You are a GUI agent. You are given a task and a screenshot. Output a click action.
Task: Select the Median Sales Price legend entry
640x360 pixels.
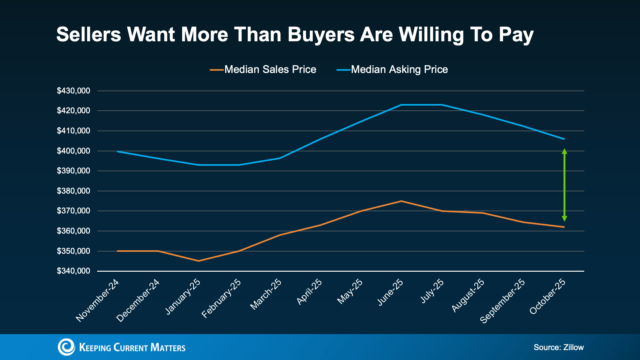[x=263, y=69]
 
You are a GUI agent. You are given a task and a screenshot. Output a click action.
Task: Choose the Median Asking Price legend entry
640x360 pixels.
[x=392, y=69]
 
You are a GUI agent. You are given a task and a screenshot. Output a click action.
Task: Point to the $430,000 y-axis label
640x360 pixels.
[x=73, y=91]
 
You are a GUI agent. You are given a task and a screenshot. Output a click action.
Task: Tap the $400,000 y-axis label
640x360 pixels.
[x=73, y=151]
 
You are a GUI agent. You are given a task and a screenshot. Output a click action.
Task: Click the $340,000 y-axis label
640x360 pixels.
[x=73, y=271]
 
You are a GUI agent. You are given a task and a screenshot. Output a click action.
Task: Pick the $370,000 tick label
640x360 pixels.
[x=73, y=211]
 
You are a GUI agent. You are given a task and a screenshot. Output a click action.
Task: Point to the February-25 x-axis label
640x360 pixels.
[x=221, y=298]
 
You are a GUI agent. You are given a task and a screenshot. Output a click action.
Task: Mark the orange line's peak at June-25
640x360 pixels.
[x=401, y=201]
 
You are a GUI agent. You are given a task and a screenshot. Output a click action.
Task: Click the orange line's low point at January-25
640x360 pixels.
[x=199, y=261]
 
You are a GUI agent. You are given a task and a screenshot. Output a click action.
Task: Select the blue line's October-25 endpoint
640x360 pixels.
[x=564, y=139]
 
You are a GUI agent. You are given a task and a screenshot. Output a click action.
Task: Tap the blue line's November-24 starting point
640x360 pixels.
[x=118, y=151]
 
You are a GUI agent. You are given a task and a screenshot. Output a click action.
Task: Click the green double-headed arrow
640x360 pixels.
[x=564, y=185]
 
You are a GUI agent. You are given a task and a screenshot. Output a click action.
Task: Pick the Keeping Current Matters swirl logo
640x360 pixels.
[x=66, y=347]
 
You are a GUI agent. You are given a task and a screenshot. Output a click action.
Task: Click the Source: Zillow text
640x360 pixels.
[x=558, y=348]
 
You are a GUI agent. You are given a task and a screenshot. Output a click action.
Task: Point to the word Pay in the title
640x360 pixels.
[x=516, y=35]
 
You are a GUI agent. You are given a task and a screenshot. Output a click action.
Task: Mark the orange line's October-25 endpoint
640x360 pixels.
[x=564, y=227]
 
